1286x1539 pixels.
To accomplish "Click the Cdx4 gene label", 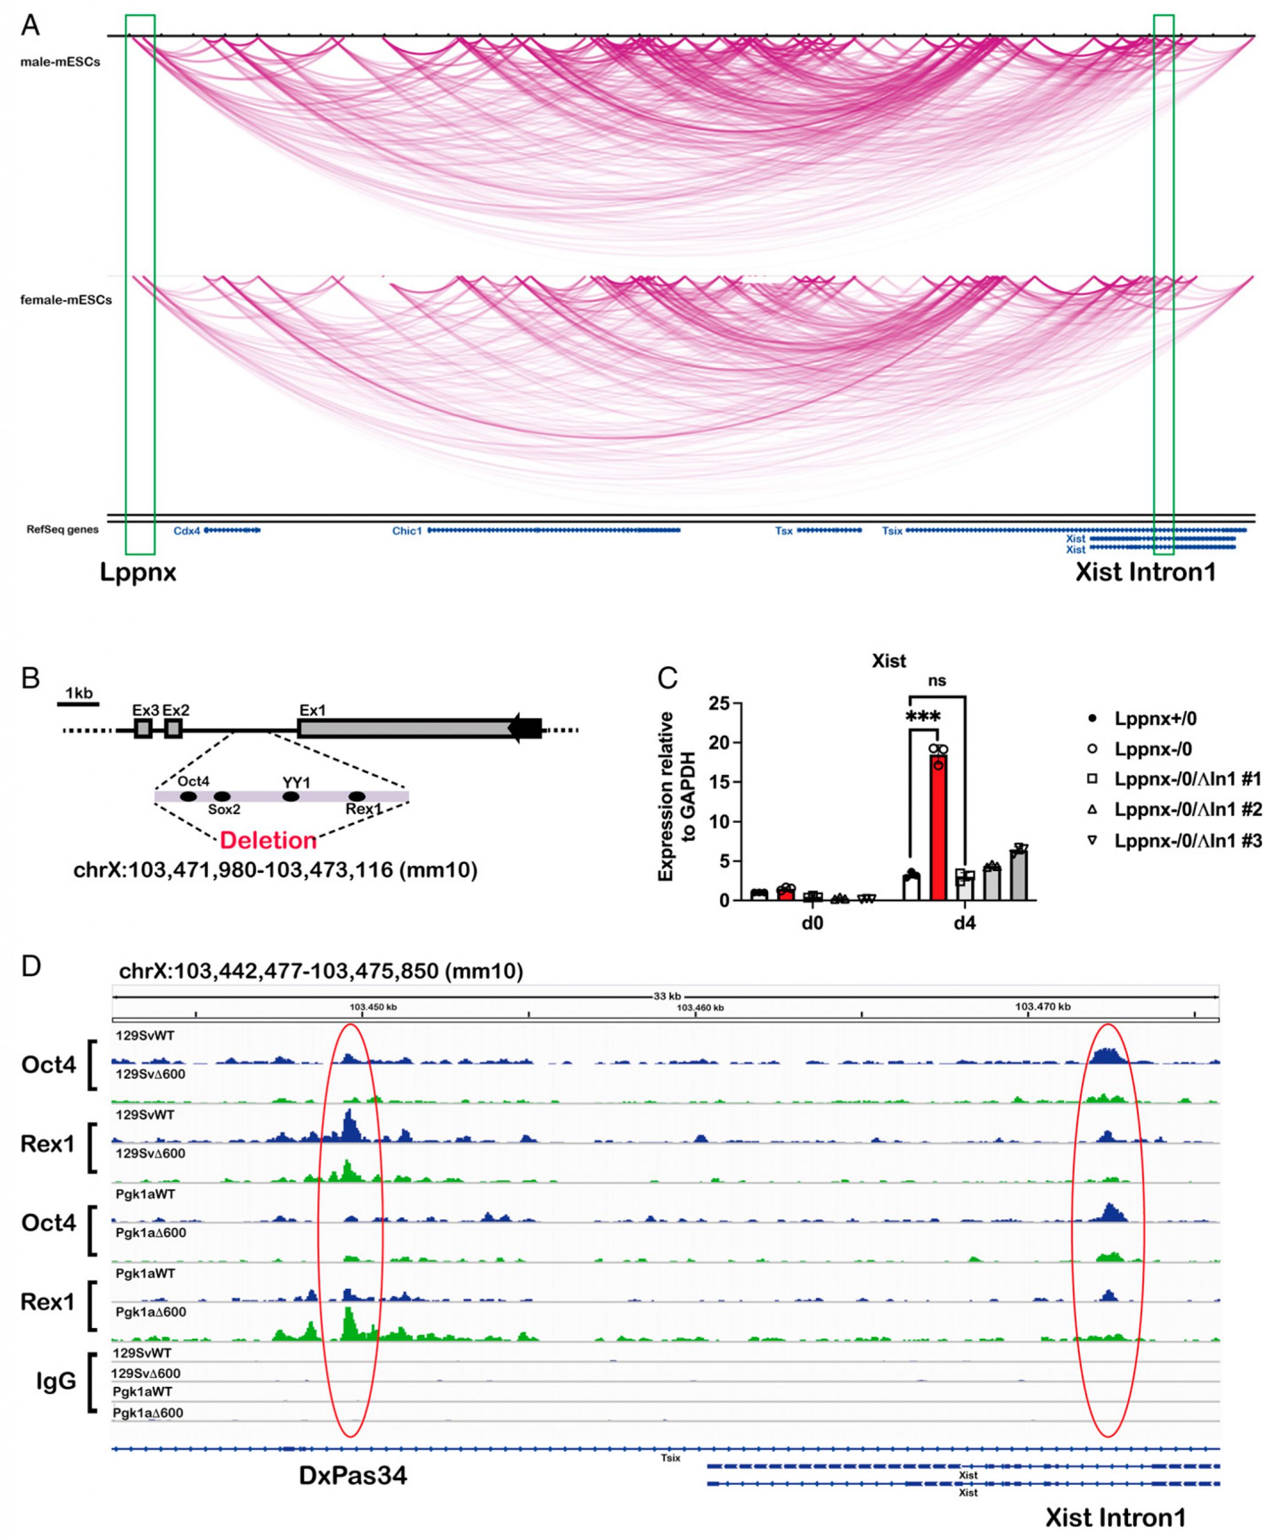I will click(186, 531).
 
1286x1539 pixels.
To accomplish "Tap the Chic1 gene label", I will click(407, 531).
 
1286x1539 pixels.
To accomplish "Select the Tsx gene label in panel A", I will click(784, 531).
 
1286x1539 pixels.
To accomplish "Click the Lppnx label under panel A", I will click(138, 572).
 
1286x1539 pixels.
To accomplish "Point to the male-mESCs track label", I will click(60, 63).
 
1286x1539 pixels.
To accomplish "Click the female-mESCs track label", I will click(66, 300).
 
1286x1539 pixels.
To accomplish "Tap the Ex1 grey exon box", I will click(407, 729).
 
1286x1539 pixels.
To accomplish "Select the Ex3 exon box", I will click(143, 729).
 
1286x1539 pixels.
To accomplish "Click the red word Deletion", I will click(268, 840).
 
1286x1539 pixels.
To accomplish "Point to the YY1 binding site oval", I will click(291, 797).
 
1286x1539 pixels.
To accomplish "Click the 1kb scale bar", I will click(78, 705).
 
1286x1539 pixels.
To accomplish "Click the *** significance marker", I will click(923, 716).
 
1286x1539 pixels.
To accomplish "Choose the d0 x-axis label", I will click(812, 923).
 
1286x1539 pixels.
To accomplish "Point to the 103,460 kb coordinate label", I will click(700, 1008).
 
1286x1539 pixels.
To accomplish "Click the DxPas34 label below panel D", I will click(353, 1475).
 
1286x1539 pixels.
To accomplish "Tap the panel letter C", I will click(667, 678).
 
